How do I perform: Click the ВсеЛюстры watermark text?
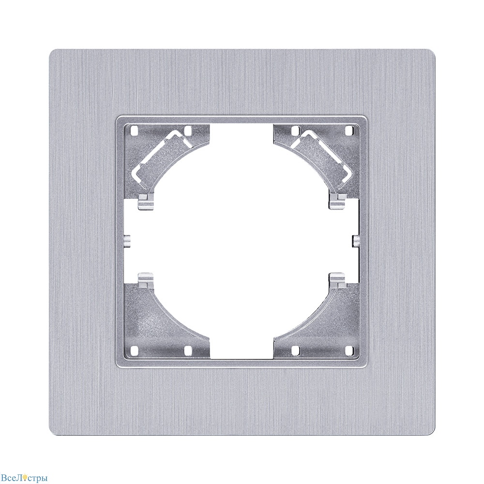click(24, 478)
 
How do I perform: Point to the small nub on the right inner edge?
click(356, 241)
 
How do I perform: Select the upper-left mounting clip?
click(145, 202)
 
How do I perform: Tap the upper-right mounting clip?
click(338, 202)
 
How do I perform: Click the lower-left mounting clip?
click(145, 280)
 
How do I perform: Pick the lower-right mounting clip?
click(338, 280)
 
